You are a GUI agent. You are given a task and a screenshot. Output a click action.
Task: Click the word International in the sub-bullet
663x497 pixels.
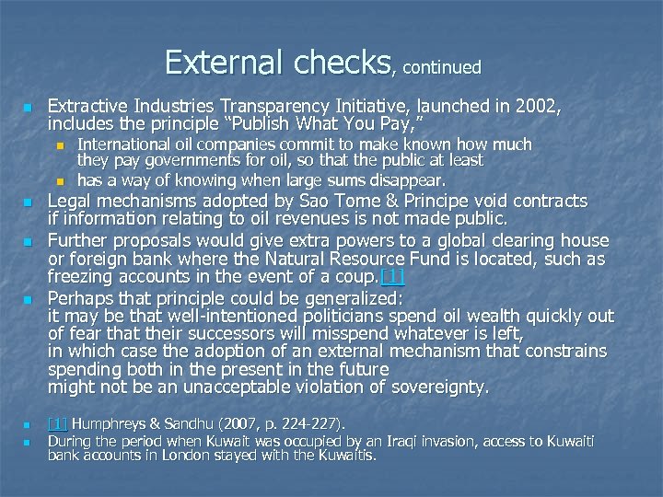[122, 144]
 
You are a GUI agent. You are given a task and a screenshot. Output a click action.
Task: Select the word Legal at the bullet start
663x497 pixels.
[70, 201]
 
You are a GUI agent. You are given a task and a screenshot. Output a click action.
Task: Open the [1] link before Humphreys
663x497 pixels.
[57, 424]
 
